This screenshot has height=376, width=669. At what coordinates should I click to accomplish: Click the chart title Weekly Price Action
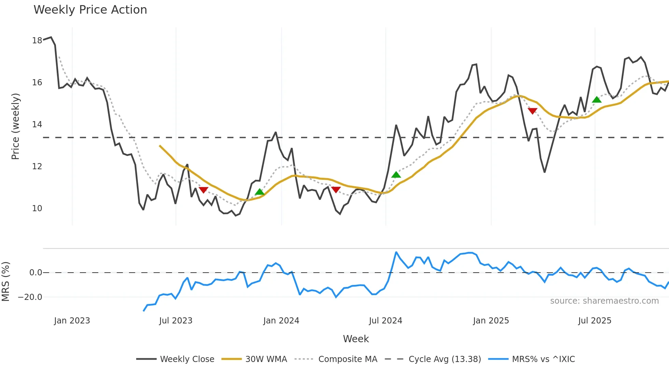tap(90, 10)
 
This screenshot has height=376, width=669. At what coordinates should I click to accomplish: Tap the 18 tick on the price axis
tap(37, 41)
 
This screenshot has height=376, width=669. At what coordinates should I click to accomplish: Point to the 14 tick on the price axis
tap(37, 125)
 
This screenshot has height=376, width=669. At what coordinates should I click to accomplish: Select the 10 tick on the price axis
tap(37, 208)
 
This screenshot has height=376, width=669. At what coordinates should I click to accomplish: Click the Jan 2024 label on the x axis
tap(281, 321)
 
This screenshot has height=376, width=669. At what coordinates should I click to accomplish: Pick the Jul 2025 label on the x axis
tap(595, 321)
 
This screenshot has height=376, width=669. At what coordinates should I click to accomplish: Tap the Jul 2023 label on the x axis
tap(176, 321)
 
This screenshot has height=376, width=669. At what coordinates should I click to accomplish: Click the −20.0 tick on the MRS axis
tap(30, 297)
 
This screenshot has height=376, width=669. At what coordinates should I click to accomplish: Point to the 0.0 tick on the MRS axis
tap(35, 273)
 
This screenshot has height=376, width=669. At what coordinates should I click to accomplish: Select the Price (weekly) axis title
tap(16, 126)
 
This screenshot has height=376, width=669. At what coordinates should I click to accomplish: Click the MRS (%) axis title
tap(5, 281)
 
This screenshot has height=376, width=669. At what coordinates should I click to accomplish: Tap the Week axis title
tap(356, 339)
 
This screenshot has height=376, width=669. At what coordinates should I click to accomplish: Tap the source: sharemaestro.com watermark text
tap(604, 301)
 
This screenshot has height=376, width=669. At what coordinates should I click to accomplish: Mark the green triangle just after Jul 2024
tap(396, 175)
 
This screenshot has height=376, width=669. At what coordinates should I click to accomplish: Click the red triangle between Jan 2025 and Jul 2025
tap(532, 111)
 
